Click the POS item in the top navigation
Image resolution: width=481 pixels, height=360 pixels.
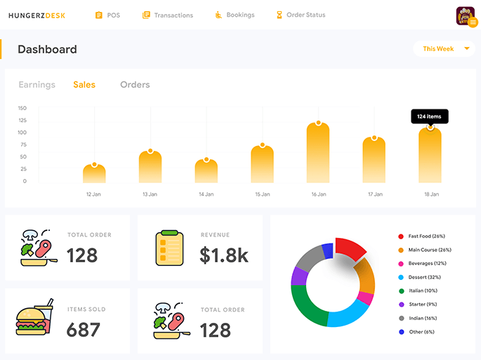(x=107, y=15)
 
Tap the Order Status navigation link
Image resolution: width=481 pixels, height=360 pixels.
(x=301, y=15)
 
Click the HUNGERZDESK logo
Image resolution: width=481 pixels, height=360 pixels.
(x=37, y=15)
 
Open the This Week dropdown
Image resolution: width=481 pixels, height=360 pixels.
(x=444, y=49)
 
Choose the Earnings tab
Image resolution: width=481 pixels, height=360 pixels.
(x=37, y=85)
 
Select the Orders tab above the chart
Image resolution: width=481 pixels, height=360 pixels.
(x=135, y=85)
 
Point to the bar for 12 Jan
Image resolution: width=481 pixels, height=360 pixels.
(x=94, y=173)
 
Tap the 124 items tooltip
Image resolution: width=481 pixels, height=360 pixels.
(x=430, y=116)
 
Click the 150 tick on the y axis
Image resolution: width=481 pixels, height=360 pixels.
(x=22, y=108)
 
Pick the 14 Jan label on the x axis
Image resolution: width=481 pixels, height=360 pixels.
(x=206, y=194)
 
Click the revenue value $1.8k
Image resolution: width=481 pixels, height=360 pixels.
(x=223, y=255)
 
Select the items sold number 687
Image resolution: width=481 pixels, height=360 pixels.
(x=83, y=329)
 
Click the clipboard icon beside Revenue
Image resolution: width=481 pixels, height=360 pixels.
(x=169, y=248)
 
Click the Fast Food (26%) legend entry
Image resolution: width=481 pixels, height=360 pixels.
(x=426, y=236)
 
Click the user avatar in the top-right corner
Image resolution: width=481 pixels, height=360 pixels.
(x=465, y=15)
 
